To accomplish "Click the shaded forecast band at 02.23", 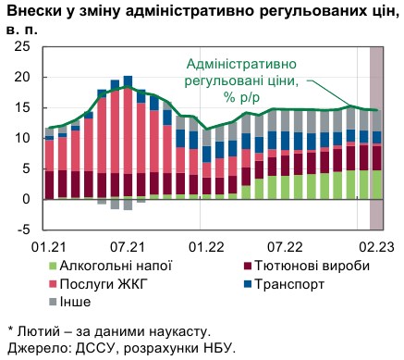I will (x=376, y=139).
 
